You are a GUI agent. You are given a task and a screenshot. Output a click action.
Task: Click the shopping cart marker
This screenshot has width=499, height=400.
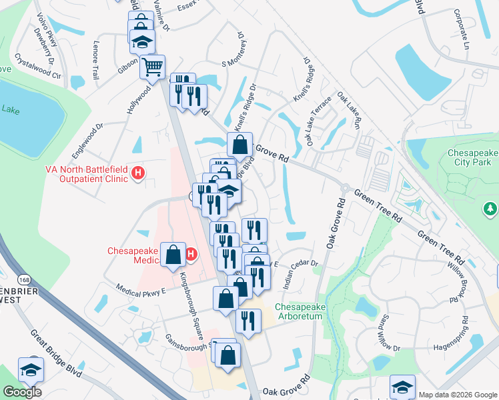(x=153, y=67)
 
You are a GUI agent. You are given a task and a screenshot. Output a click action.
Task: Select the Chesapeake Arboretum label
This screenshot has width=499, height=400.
(x=299, y=311)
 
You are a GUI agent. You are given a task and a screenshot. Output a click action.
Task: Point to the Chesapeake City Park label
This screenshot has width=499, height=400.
(x=472, y=157)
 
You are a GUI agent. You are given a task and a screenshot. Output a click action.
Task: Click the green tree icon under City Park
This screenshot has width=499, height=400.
(x=490, y=209)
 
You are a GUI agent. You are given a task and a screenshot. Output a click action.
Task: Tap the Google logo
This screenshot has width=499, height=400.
(x=22, y=392)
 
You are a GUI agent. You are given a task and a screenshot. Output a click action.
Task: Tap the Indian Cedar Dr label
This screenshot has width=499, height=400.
(x=301, y=273)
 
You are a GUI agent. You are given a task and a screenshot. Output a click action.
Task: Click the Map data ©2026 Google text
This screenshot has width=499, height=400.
(x=458, y=395)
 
